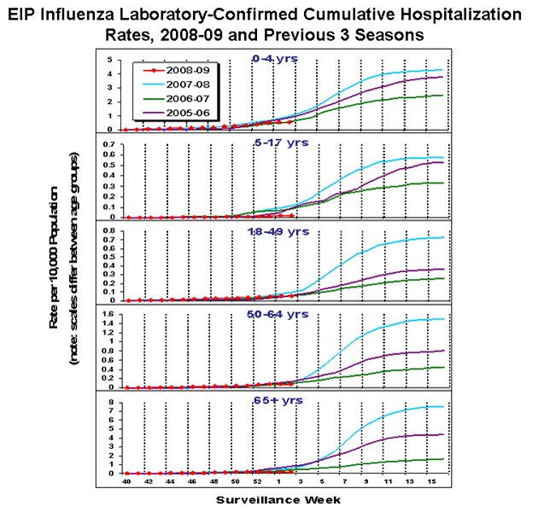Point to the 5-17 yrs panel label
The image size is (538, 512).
click(x=274, y=142)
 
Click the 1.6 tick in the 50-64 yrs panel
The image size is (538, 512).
click(x=108, y=316)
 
